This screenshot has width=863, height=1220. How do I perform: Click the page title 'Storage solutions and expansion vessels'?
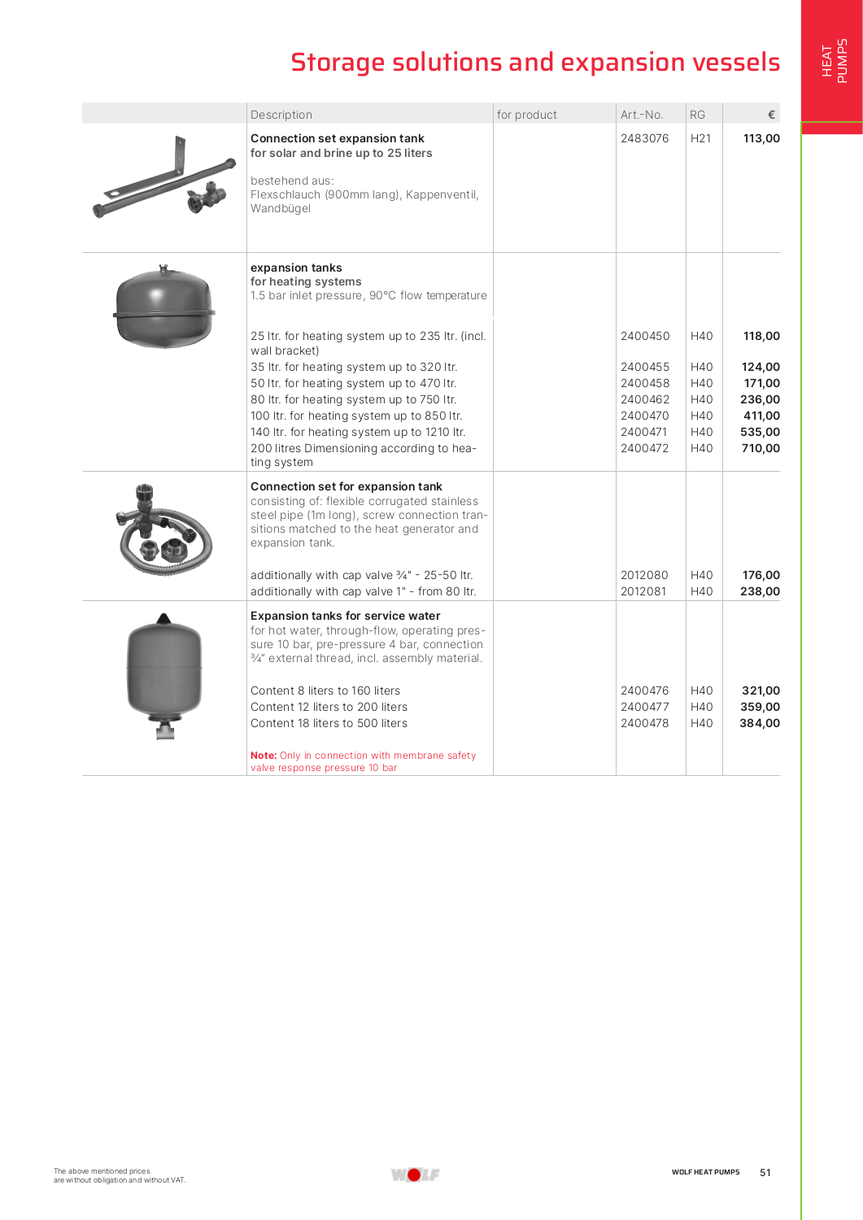click(534, 63)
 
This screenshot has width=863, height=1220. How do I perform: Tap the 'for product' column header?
click(526, 115)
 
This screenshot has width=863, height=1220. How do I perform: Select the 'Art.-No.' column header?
click(641, 115)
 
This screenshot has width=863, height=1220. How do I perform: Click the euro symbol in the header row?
click(771, 115)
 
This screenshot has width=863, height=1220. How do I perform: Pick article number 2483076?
click(644, 138)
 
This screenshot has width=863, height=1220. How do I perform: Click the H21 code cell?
click(700, 138)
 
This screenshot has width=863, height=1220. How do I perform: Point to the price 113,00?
click(761, 138)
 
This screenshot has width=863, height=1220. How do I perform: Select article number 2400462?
click(644, 399)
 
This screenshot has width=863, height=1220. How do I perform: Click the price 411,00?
click(761, 416)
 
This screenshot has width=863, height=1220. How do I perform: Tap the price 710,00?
click(761, 448)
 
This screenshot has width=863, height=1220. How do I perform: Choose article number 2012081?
click(644, 591)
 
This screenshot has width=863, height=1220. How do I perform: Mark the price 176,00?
click(761, 575)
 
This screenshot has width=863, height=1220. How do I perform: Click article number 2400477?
click(644, 707)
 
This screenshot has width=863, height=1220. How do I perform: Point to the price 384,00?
click(759, 723)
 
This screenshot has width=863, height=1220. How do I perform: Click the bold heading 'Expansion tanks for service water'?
click(345, 616)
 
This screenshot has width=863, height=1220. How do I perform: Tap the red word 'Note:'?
click(264, 756)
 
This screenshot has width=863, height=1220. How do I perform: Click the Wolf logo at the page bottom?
click(415, 1174)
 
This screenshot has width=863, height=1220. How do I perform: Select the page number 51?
click(765, 1172)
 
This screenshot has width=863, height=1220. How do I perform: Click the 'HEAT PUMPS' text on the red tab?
click(834, 61)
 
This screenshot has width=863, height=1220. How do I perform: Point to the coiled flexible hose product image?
click(165, 532)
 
